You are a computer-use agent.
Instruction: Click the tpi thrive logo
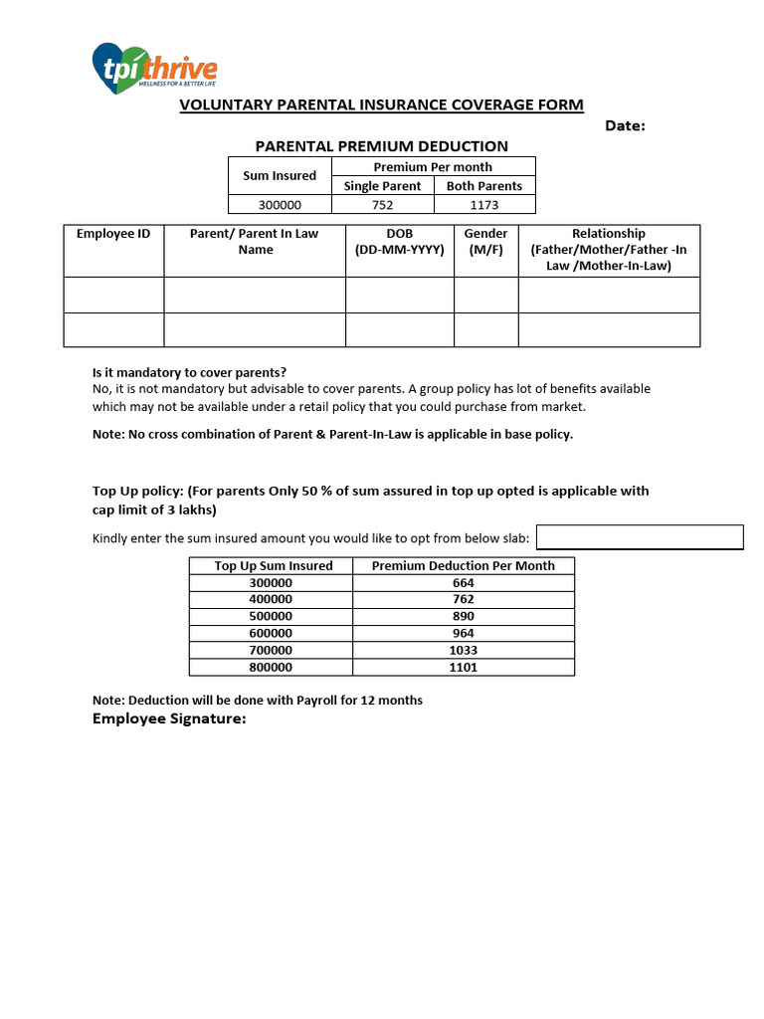click(154, 68)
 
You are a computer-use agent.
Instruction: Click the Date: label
click(625, 125)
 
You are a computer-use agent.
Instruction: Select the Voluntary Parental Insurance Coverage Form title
click(381, 105)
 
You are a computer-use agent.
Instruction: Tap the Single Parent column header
click(382, 186)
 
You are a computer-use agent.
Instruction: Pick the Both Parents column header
click(484, 186)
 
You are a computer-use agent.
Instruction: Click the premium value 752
click(382, 205)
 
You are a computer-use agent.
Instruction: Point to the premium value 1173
click(484, 205)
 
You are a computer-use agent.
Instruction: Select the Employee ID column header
click(113, 234)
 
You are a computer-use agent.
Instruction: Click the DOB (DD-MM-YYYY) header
click(399, 242)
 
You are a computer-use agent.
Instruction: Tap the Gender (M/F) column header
click(485, 242)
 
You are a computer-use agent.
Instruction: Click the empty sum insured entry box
click(640, 537)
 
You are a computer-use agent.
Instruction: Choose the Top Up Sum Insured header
click(274, 566)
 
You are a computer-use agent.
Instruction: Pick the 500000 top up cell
click(271, 617)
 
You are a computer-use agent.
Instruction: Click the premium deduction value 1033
click(463, 651)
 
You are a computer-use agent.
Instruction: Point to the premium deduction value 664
click(463, 583)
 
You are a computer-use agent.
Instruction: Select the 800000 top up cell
click(271, 668)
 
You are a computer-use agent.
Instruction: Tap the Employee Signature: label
click(169, 719)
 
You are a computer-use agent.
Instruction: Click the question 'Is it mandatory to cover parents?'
click(189, 373)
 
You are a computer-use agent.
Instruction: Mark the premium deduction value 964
click(463, 634)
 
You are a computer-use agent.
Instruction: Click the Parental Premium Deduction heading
click(382, 146)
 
